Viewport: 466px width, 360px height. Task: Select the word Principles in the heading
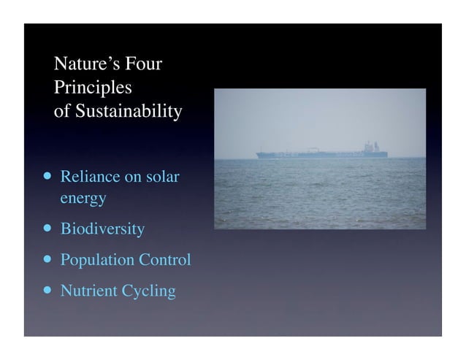coord(93,88)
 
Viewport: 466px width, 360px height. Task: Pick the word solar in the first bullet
coord(161,177)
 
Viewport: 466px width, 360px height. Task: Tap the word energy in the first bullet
coord(83,198)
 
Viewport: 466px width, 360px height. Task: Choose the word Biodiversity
coord(102,229)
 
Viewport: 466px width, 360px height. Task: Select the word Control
coord(165,260)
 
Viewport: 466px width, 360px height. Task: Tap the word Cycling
coord(148,291)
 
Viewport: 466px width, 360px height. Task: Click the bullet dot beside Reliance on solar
coord(47,176)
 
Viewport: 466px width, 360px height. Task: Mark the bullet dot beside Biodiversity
coord(47,228)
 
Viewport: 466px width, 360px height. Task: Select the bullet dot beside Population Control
coord(47,258)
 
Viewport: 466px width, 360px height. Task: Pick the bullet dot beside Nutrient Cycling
coord(47,289)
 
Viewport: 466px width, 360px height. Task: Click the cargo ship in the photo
coord(321,153)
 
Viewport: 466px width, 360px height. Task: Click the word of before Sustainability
coord(62,112)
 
